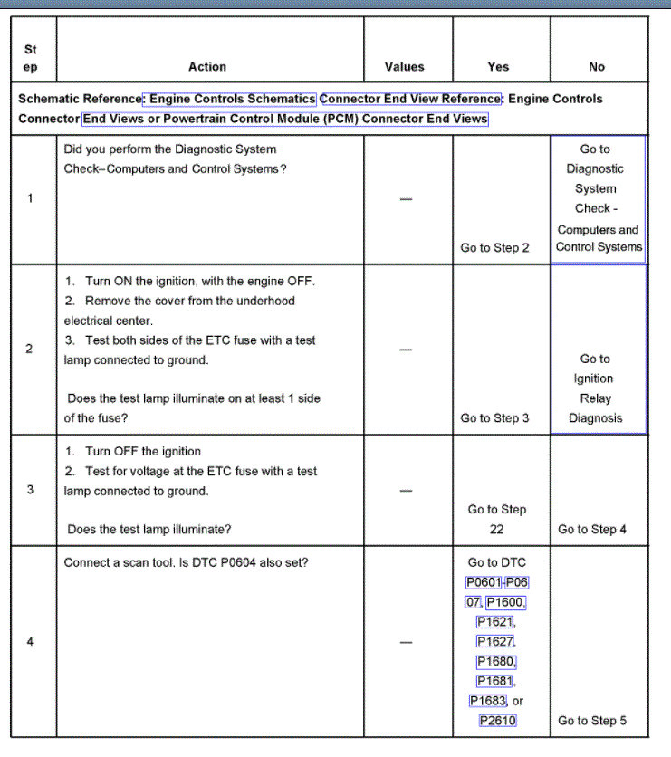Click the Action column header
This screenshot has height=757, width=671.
(207, 66)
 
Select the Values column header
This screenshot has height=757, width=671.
(404, 66)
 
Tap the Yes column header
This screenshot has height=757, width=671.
(498, 66)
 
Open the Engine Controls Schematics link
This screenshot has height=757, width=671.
(232, 99)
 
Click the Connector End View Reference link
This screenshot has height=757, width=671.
(410, 99)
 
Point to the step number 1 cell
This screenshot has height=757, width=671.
(30, 198)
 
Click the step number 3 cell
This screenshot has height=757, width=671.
(30, 490)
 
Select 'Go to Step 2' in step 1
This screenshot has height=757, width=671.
(494, 247)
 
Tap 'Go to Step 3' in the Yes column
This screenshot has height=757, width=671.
(494, 418)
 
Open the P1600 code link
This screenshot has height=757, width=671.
(505, 602)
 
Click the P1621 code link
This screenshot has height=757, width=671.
(494, 622)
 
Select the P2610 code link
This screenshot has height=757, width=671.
(497, 721)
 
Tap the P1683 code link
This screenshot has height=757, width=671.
(488, 701)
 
